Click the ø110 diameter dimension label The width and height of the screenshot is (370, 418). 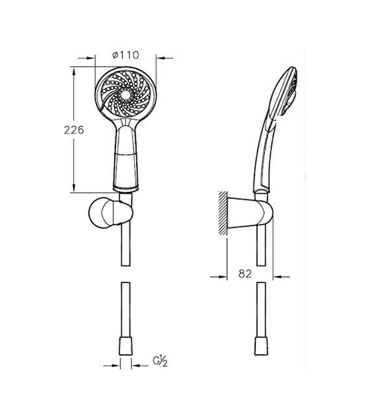tap(126, 55)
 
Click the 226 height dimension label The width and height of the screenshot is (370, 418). tap(74, 130)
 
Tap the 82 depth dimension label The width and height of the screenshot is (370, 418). tap(245, 274)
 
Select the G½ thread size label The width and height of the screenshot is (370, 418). tap(160, 361)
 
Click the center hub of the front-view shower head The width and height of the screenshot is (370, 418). tap(125, 94)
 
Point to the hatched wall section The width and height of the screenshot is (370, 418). tap(223, 213)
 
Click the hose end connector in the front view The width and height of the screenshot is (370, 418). tap(126, 346)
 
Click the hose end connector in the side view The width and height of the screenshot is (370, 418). tap(261, 346)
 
